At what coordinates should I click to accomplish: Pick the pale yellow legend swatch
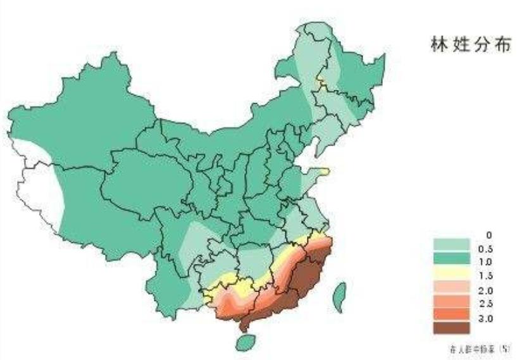[x=452, y=271]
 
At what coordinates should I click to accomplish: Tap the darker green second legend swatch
[x=452, y=258]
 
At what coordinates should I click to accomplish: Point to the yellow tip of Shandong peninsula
[x=324, y=170]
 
